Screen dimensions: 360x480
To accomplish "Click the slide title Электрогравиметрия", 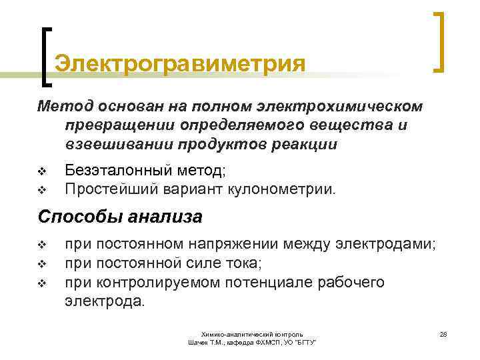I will click(180, 65).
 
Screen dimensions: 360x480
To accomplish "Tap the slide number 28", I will click(443, 333).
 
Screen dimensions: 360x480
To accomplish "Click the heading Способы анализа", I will click(120, 217).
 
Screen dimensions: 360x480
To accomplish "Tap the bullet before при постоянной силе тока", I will click(41, 264).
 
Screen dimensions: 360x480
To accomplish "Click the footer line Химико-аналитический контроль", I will click(253, 333).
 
